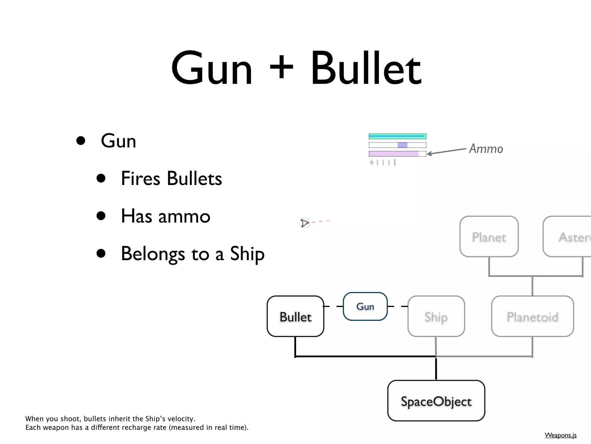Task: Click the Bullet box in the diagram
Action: (295, 317)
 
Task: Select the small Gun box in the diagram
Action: (365, 306)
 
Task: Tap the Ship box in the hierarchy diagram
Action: (436, 317)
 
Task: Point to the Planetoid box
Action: (532, 317)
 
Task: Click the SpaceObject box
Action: (436, 401)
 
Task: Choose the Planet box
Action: (489, 237)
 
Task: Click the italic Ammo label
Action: (486, 149)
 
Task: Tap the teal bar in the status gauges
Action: (397, 136)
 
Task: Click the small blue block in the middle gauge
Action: (402, 145)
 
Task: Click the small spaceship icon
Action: (304, 223)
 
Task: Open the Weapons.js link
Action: (560, 435)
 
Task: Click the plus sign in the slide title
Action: (281, 68)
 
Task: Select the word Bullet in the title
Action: (366, 69)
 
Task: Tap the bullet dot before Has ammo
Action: (101, 216)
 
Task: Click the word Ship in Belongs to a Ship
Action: (247, 254)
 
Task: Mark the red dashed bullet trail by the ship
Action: (321, 222)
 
